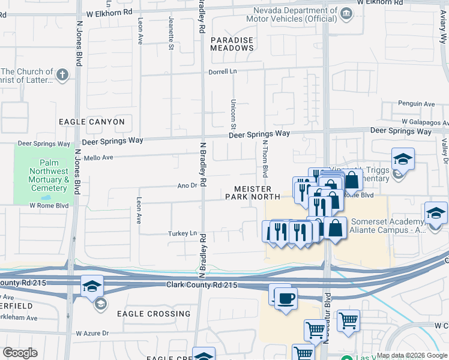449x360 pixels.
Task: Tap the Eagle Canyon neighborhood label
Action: [92, 122]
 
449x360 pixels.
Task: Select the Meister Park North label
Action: [253, 193]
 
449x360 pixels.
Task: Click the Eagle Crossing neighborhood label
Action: [154, 314]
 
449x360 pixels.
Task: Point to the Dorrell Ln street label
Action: [223, 71]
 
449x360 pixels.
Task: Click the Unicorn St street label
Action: [233, 114]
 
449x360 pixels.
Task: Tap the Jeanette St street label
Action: [171, 37]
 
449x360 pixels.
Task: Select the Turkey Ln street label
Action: [182, 233]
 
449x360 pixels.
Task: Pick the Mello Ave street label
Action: [99, 158]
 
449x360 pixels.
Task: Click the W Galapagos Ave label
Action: [425, 121]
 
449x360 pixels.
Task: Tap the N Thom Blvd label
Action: [264, 159]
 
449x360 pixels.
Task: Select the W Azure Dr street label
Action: [92, 333]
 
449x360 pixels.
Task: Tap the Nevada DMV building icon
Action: [346, 13]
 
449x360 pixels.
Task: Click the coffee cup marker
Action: [286, 297]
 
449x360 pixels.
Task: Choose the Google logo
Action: [20, 353]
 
